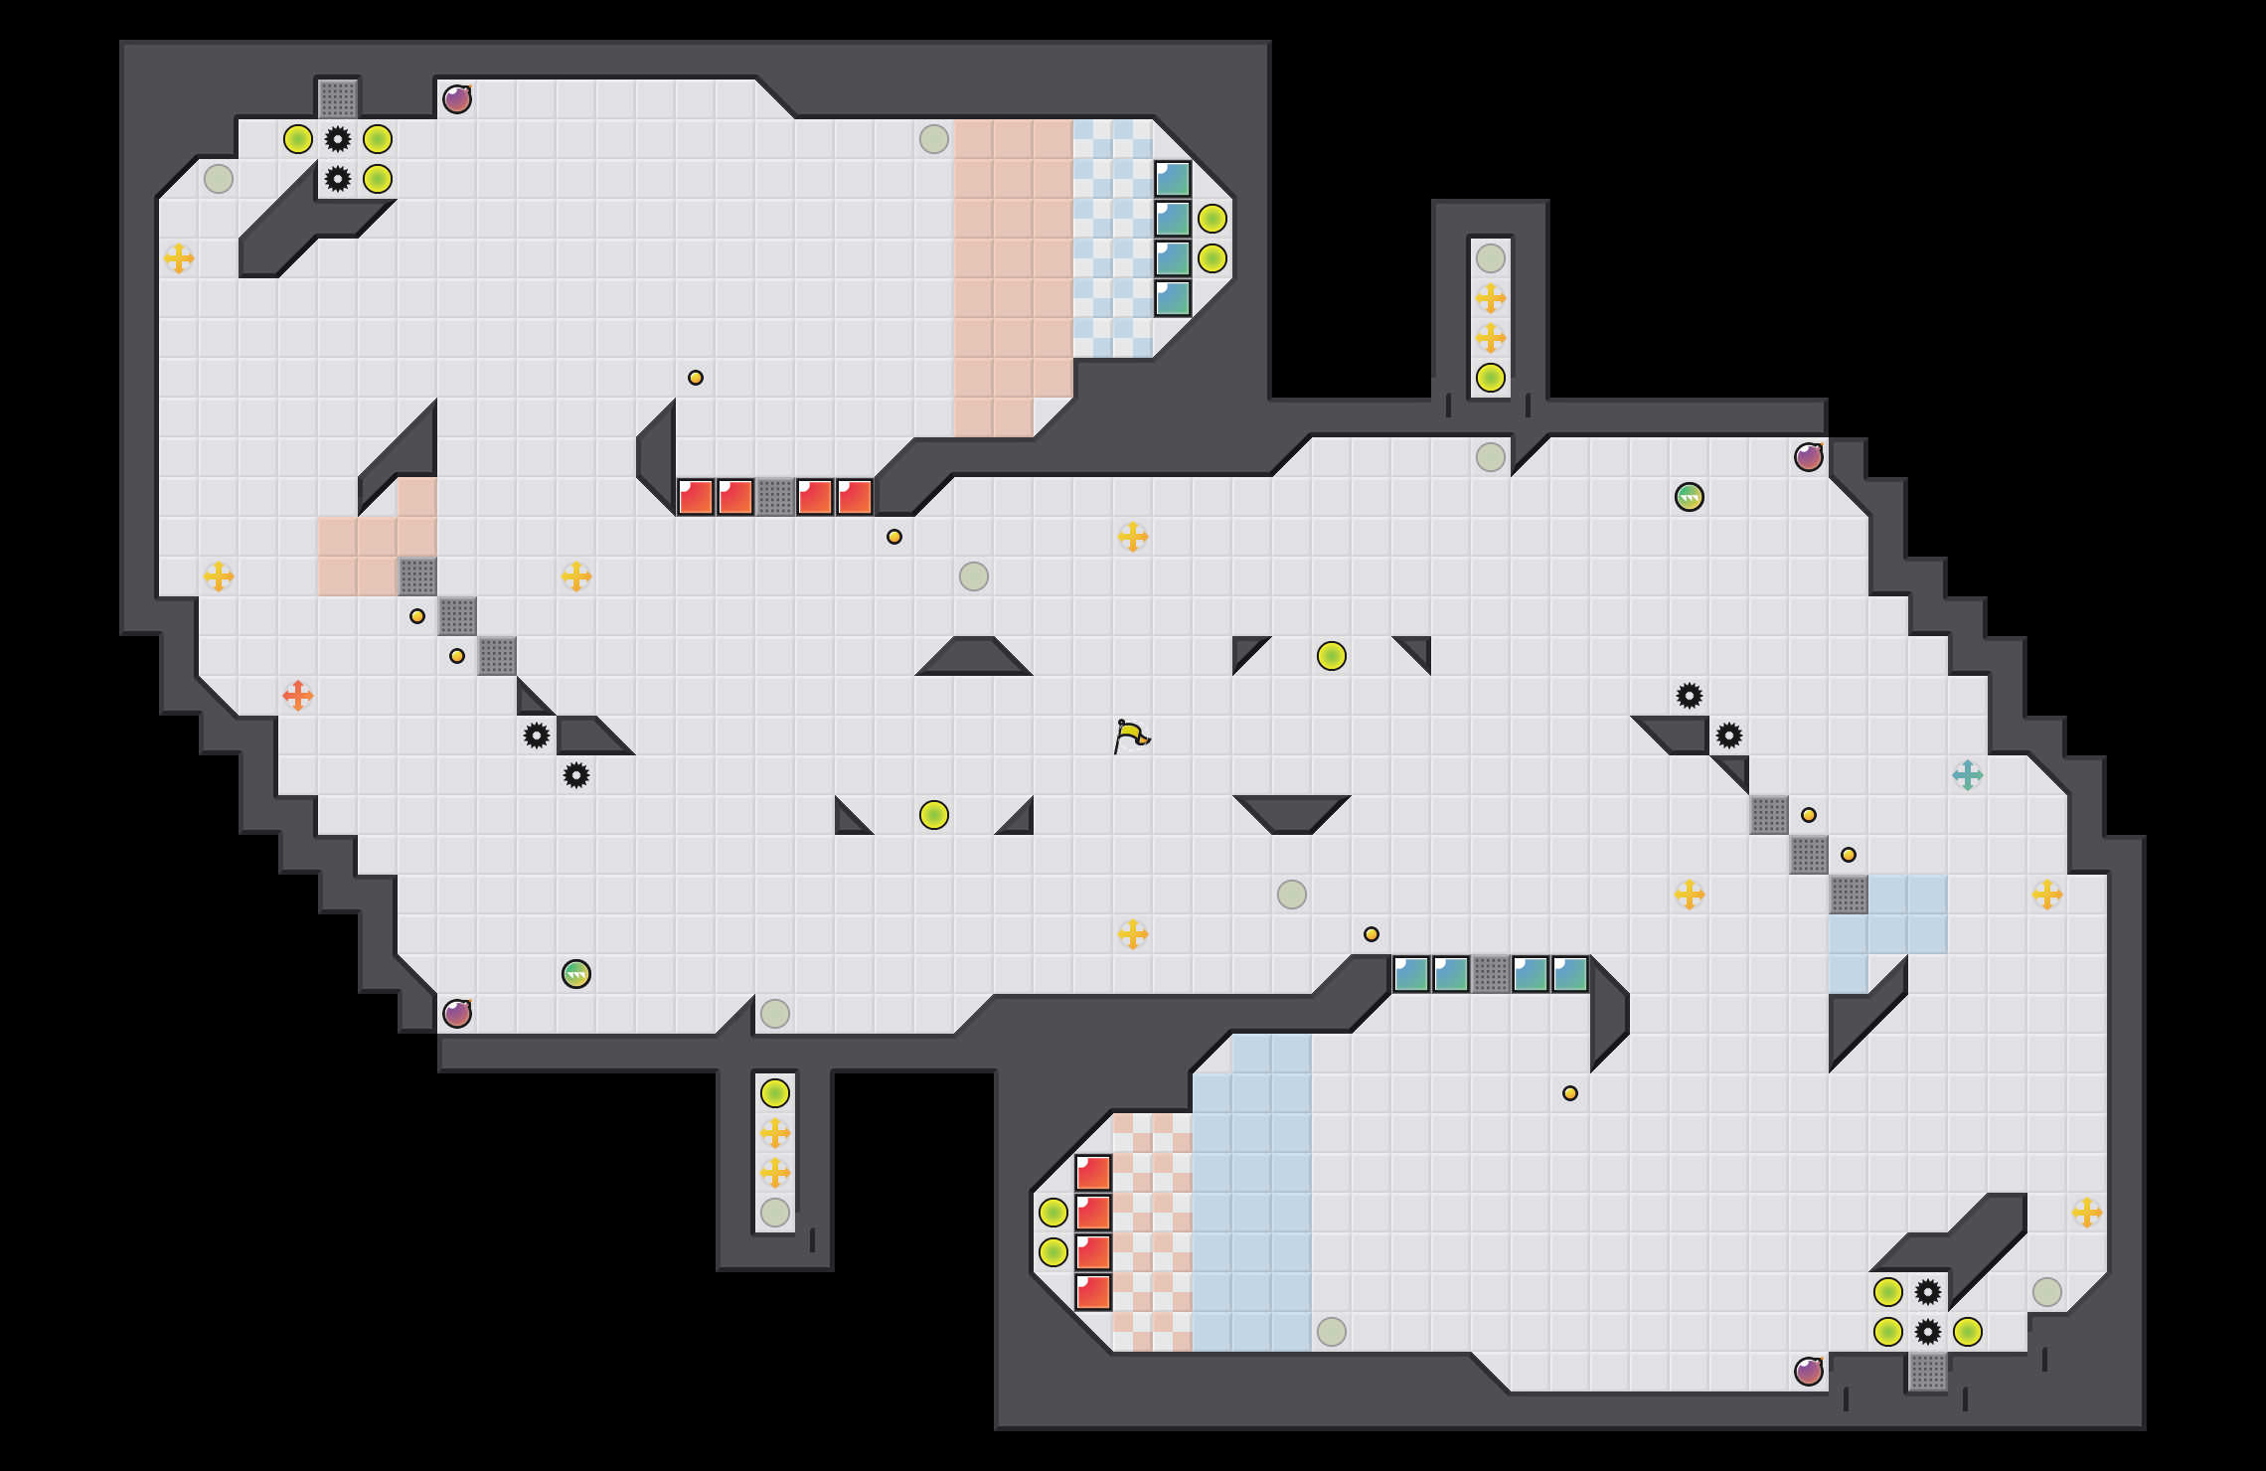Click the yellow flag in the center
[x=1131, y=736]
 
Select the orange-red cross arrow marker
[x=298, y=696]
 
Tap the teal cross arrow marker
[x=1968, y=775]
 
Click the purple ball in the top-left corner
[x=457, y=99]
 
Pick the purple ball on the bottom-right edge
[x=1809, y=1372]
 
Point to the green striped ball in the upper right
[x=1690, y=497]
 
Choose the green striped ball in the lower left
[x=576, y=974]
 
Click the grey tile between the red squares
[x=775, y=497]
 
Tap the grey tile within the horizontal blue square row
[x=1491, y=974]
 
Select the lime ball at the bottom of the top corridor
[x=1491, y=378]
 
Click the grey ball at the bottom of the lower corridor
[x=775, y=1213]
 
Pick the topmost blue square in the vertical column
[x=1173, y=179]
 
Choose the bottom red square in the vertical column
[x=1093, y=1292]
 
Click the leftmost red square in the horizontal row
[x=696, y=497]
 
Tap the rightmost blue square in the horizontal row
[x=1570, y=974]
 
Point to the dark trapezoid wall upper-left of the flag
[x=974, y=658]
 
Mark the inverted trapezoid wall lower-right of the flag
[x=1292, y=811]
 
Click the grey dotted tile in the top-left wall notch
[x=338, y=99]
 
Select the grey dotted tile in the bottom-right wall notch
[x=1928, y=1372]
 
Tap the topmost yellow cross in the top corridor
[x=1491, y=298]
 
